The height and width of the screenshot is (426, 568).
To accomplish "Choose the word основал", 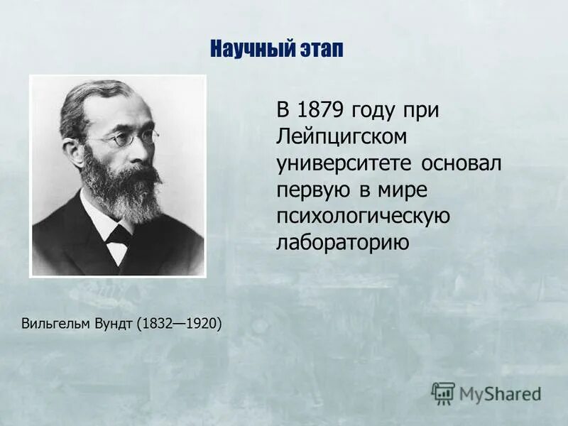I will pos(462,163).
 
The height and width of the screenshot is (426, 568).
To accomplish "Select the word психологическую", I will pos(364,217).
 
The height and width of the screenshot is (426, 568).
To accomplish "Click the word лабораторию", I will pos(343,243).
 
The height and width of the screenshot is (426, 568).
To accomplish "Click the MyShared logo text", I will pos(500,393).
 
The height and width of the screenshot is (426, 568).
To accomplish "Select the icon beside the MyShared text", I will pos(443,392).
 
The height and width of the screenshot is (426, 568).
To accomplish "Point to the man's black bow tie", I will pos(117,235).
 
